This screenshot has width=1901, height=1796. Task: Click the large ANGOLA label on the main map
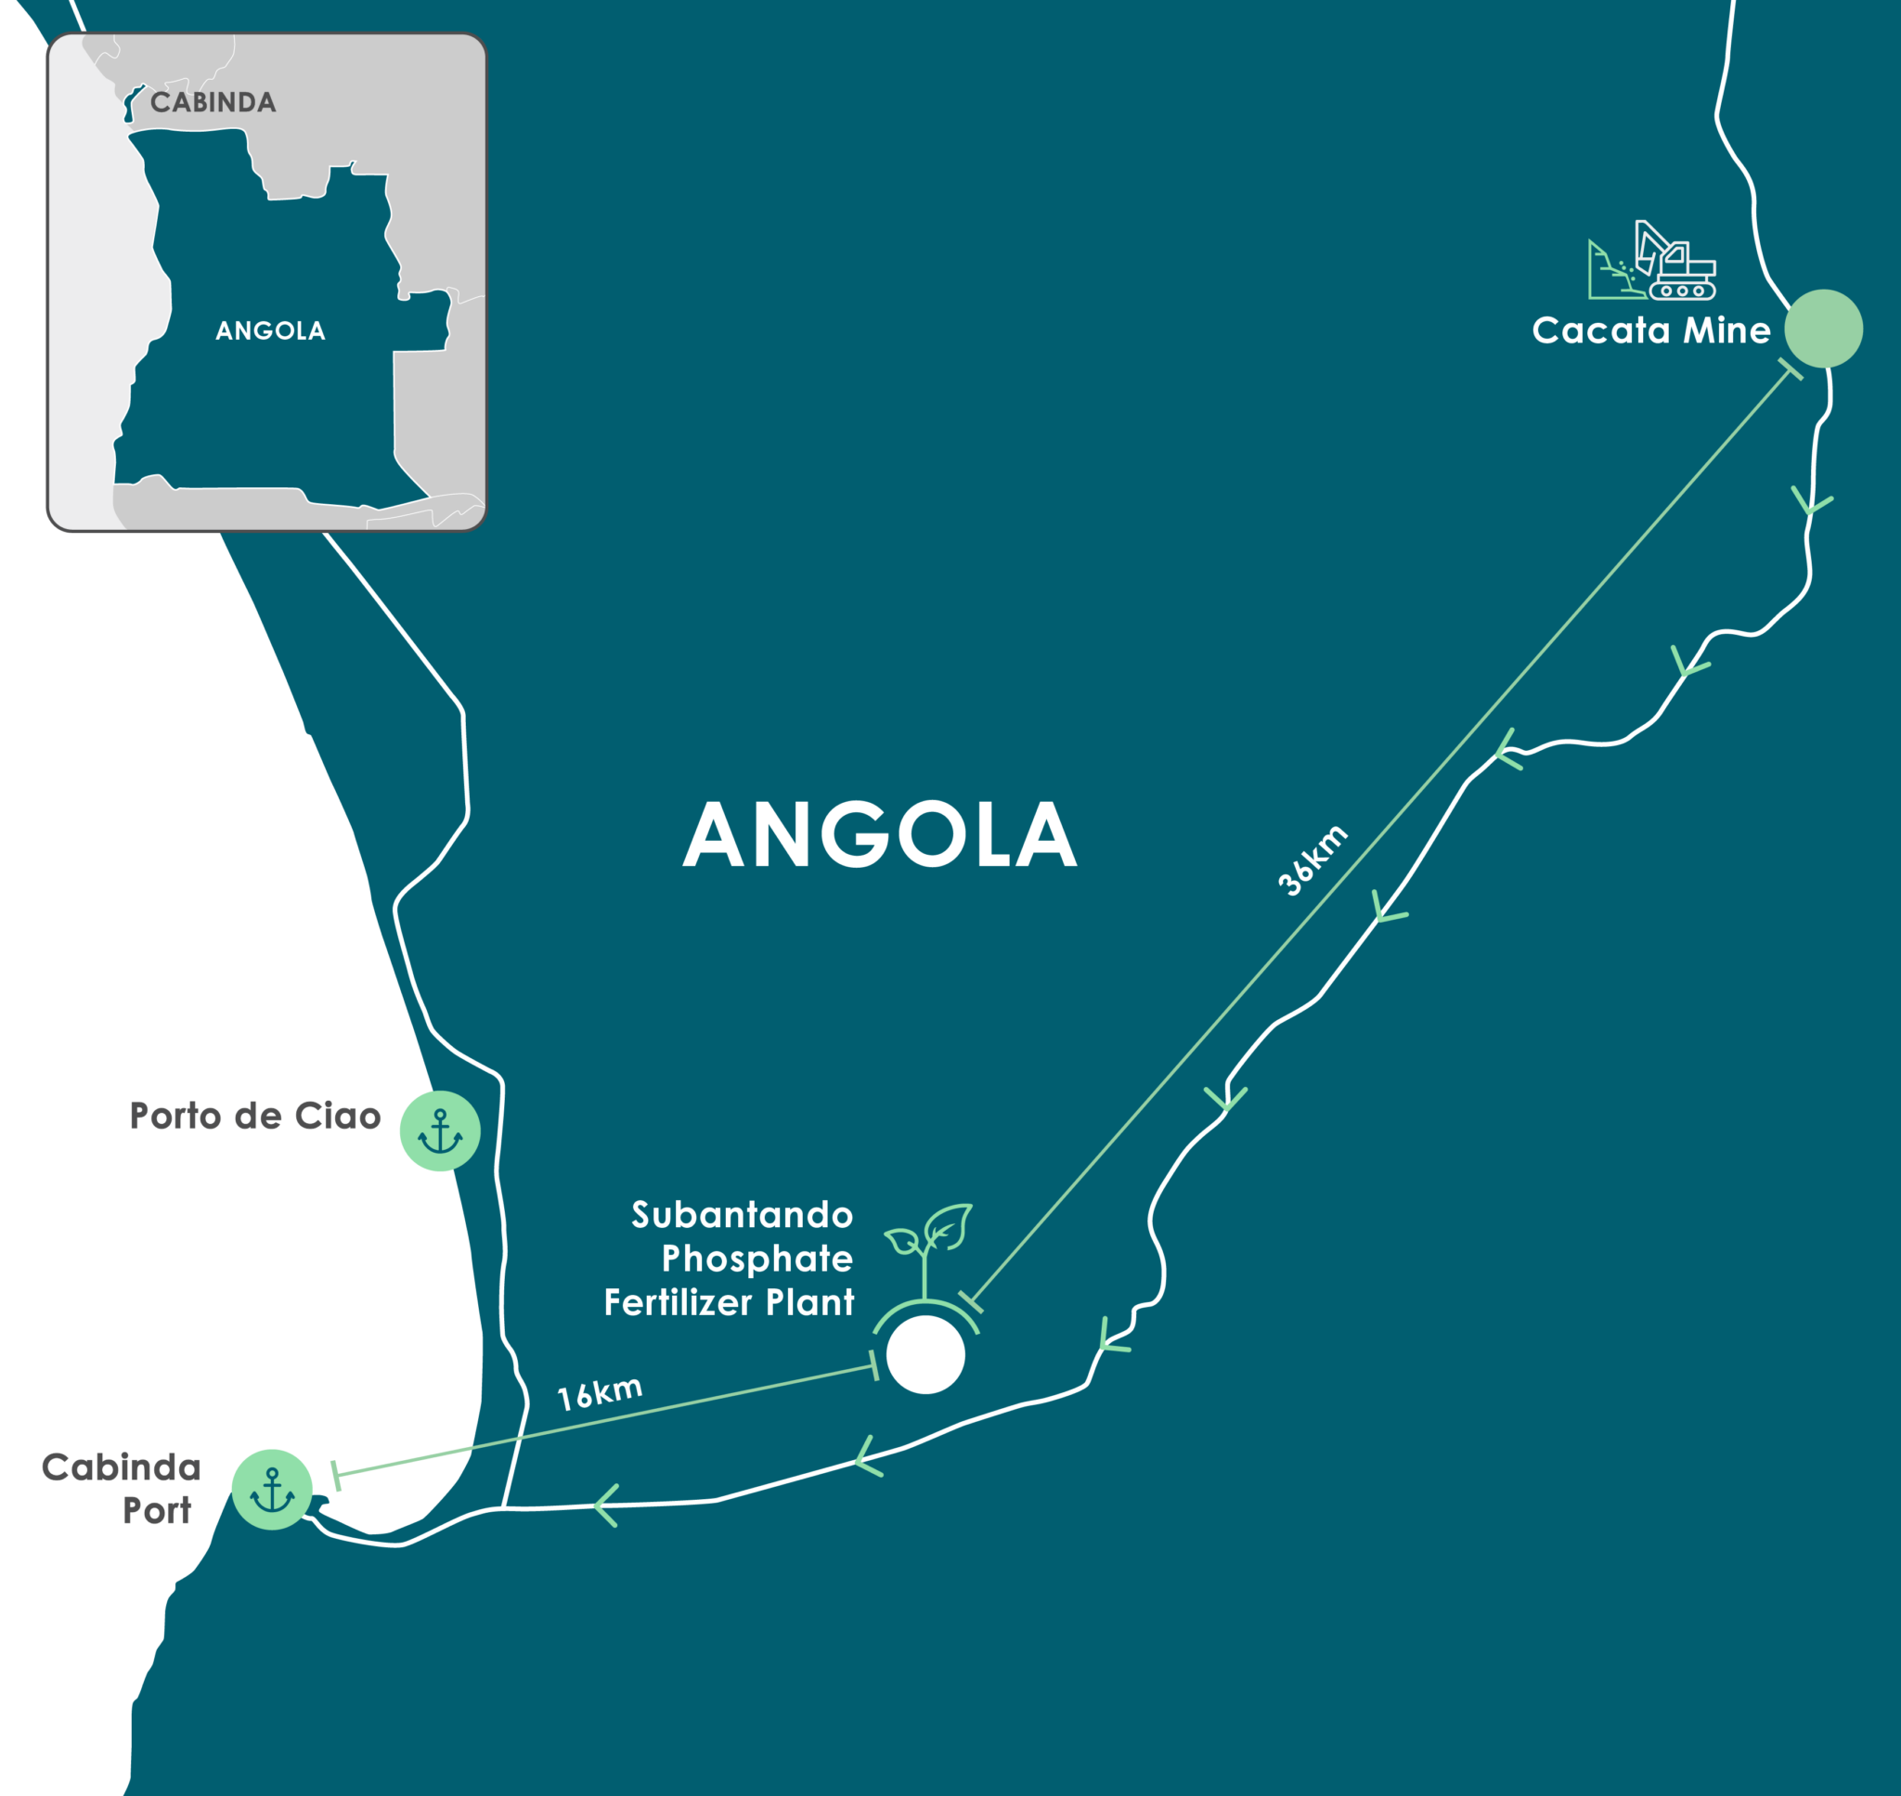coord(880,834)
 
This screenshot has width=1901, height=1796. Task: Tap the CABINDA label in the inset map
coord(213,102)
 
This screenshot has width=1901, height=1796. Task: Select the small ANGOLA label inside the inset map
coord(270,330)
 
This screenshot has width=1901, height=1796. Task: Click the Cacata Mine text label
coord(1650,330)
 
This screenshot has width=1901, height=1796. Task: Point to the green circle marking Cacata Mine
coord(1822,329)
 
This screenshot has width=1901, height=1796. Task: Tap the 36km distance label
coord(1313,859)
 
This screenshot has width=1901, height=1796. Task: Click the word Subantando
coord(742,1215)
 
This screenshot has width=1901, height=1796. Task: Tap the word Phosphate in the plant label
coord(757,1259)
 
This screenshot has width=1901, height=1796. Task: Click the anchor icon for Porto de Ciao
coord(439,1131)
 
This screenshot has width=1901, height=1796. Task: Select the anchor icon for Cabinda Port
coord(272,1489)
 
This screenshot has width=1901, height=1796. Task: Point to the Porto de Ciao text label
coord(254,1117)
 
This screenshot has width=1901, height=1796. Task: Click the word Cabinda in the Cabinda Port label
coord(122,1467)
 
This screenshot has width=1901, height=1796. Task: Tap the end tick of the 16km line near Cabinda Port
coord(335,1475)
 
